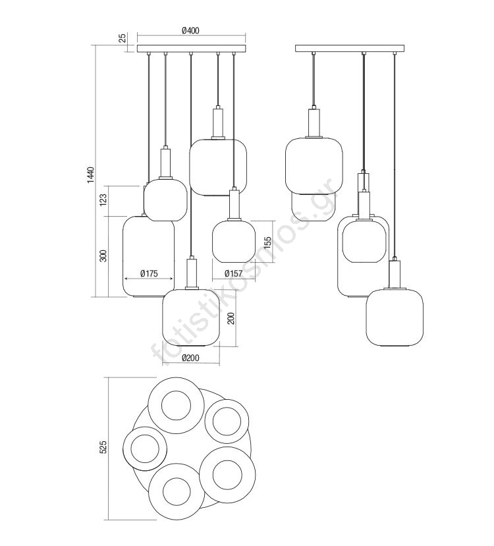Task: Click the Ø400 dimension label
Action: pos(190,31)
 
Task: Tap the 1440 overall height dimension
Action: pos(90,175)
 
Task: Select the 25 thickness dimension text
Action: pos(123,38)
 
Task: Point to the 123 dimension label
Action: pos(103,200)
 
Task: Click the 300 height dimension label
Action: pos(103,256)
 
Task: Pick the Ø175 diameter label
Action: pos(149,274)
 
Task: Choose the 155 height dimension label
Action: pos(267,243)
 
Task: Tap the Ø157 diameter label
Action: pos(233,273)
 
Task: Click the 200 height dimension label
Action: pos(231,318)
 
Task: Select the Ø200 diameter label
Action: pos(190,358)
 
